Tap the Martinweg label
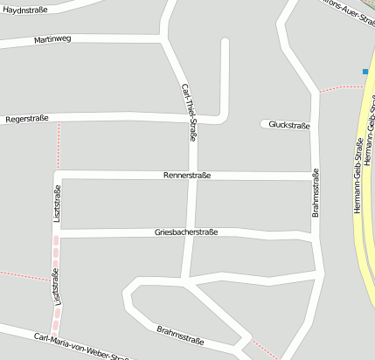point(52,40)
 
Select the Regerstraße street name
point(27,118)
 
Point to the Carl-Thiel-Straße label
point(189,112)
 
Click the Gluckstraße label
point(289,125)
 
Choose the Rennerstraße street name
point(187,176)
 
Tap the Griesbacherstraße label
point(186,232)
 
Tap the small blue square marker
point(365,71)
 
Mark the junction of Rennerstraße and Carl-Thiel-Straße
point(194,176)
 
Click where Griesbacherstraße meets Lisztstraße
point(59,233)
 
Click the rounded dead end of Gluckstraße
point(264,124)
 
